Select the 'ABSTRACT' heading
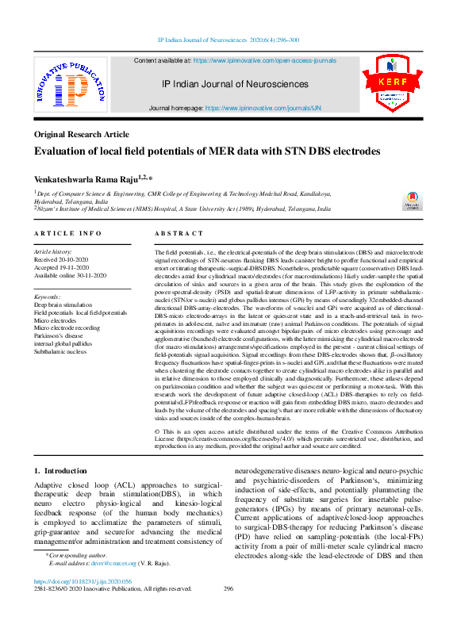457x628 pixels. [179, 233]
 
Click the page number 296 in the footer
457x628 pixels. [228, 588]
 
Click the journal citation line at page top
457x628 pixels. [228, 39]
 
